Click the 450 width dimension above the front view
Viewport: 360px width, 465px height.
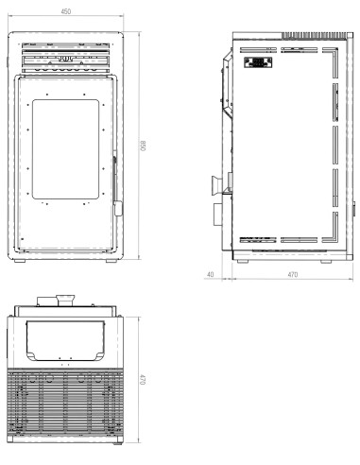(64, 12)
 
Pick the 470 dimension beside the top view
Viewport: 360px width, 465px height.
(142, 377)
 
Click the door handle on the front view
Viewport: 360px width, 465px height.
(115, 180)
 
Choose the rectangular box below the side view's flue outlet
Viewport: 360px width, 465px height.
(217, 210)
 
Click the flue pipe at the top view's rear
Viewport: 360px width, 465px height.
(63, 301)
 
